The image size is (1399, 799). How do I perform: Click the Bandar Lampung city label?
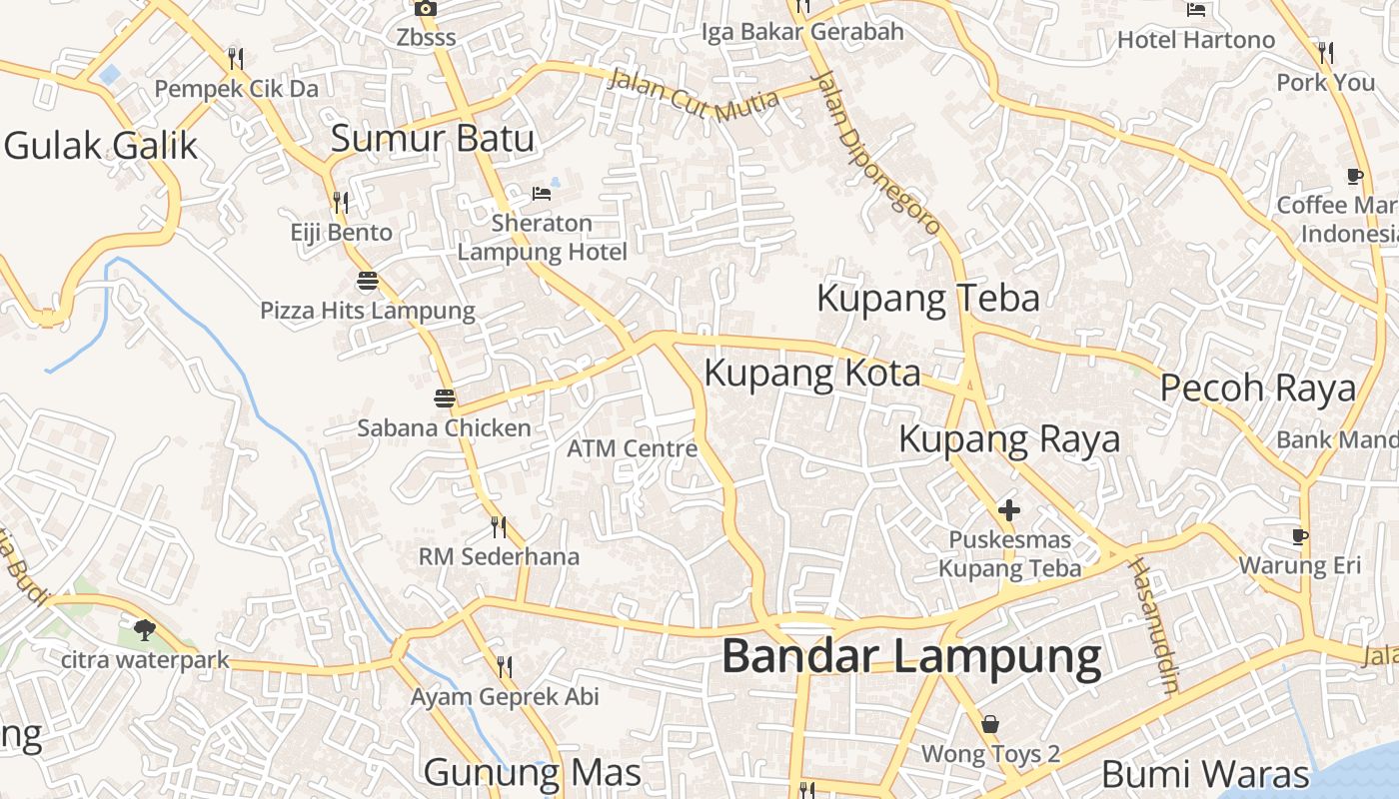(x=911, y=657)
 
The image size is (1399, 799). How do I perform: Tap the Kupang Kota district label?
(x=812, y=374)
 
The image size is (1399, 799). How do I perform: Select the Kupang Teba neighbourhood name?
(x=928, y=299)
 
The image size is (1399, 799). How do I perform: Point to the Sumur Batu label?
(x=433, y=139)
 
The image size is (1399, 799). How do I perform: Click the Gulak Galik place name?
(x=101, y=146)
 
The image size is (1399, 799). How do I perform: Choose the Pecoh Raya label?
(x=1258, y=389)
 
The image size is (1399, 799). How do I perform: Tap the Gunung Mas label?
(x=532, y=772)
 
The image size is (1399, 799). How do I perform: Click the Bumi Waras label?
(x=1205, y=774)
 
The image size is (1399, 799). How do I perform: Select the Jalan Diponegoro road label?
(x=878, y=154)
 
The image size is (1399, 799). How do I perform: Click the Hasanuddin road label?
(x=1154, y=625)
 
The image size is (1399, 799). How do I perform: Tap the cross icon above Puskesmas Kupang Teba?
(x=1009, y=511)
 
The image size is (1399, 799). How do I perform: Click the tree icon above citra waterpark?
(x=145, y=630)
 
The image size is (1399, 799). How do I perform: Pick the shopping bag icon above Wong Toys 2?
(x=990, y=724)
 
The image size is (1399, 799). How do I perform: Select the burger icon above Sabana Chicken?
(x=445, y=399)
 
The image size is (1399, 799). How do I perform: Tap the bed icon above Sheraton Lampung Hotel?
(x=542, y=193)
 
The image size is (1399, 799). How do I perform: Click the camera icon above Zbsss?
(x=426, y=9)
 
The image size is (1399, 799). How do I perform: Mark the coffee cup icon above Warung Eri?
(x=1300, y=536)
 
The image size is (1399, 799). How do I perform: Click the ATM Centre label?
(x=632, y=448)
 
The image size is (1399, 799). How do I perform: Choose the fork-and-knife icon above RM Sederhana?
(x=498, y=526)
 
